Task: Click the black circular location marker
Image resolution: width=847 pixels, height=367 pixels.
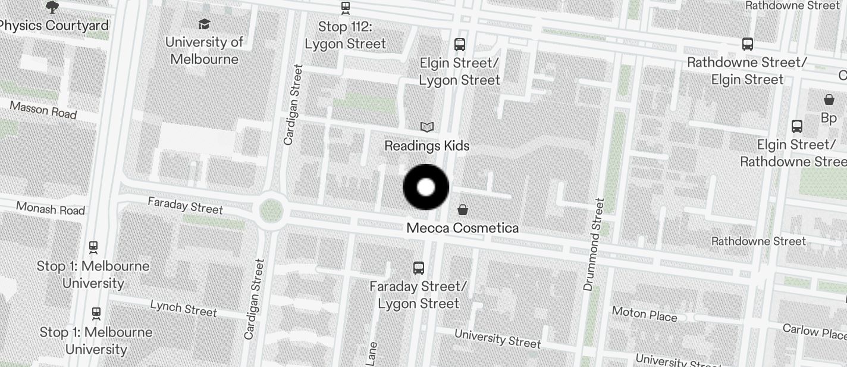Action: coord(426,187)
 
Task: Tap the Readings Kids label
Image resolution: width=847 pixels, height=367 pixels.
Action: coord(426,146)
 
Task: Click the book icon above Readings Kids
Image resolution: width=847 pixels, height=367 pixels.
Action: coord(426,126)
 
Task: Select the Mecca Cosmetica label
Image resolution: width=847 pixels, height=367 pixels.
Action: coord(462,228)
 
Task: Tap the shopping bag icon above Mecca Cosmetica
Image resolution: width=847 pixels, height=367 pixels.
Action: coord(462,209)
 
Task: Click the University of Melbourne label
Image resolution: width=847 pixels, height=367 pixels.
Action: coord(204,51)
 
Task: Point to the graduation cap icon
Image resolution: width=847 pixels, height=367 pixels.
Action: coord(204,24)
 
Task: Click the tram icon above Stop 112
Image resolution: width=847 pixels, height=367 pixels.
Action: coord(345,8)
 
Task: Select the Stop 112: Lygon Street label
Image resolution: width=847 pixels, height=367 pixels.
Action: coord(345,35)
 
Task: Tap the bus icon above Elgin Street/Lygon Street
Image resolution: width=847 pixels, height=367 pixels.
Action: coord(459,44)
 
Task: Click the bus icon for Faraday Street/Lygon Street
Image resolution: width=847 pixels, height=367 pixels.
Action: coord(419,268)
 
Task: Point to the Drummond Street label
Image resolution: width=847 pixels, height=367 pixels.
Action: coord(594,244)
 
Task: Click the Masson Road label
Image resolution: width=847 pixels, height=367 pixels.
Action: coord(43,110)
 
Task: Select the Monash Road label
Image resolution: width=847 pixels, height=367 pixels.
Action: coord(51,209)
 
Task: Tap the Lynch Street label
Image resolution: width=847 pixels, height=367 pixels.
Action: coord(183,308)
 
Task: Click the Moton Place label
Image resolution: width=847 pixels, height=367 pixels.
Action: coord(644,313)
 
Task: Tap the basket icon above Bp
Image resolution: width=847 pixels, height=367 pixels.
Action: coord(829,99)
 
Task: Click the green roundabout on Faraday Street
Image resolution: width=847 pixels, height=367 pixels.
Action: coord(271,210)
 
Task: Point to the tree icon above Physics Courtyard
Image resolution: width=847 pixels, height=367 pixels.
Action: coord(52,7)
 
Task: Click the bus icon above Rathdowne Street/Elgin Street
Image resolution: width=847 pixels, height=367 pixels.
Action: coord(747,43)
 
